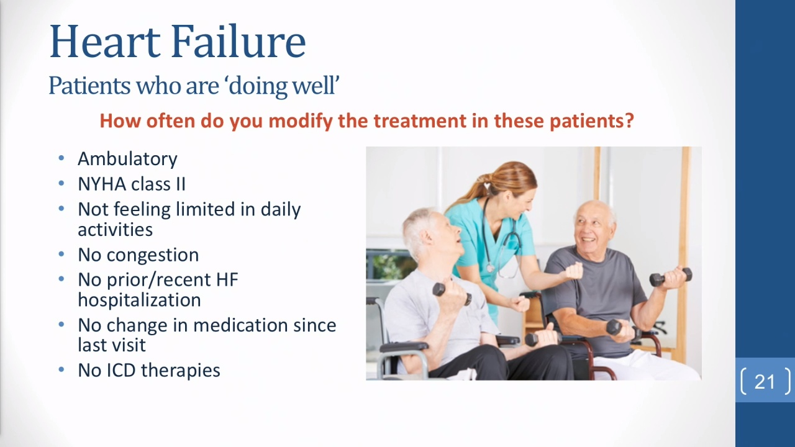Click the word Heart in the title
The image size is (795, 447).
(x=105, y=41)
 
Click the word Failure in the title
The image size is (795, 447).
(x=238, y=41)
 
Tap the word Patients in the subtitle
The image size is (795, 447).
(x=89, y=86)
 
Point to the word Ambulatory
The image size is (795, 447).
(x=127, y=159)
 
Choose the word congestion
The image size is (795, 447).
(x=153, y=255)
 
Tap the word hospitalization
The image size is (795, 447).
(x=139, y=300)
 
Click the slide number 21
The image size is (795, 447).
(x=765, y=382)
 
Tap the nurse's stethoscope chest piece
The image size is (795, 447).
(x=490, y=267)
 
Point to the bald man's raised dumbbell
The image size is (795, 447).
(x=671, y=277)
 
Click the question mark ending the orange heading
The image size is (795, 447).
(x=629, y=120)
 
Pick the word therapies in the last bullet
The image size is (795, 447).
(x=181, y=371)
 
